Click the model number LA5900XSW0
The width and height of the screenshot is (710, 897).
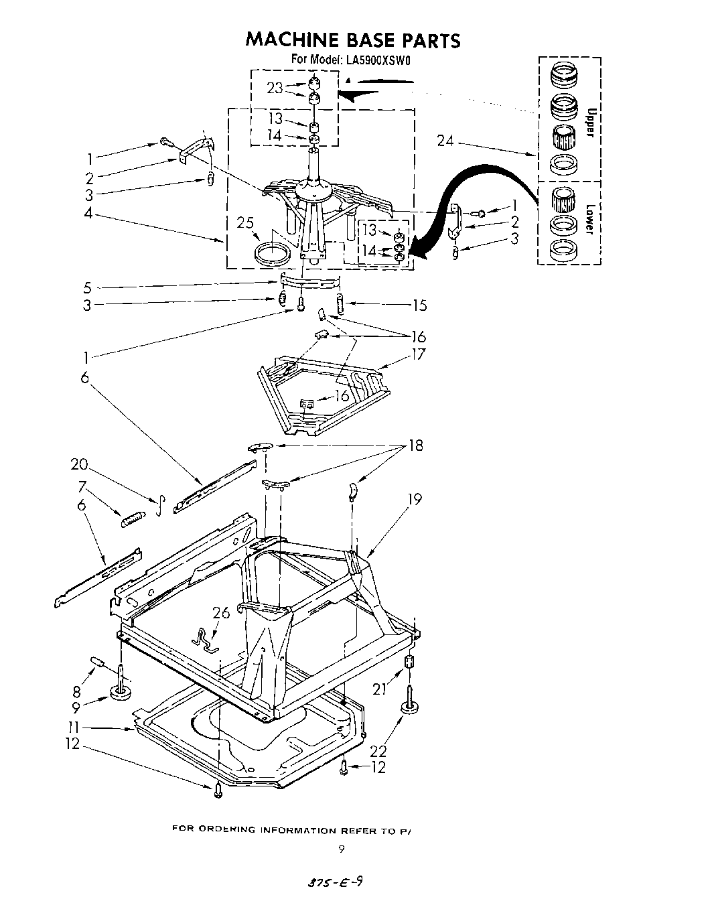click(x=378, y=60)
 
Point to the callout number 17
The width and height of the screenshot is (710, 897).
click(x=419, y=354)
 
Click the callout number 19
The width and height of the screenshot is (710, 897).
click(x=415, y=499)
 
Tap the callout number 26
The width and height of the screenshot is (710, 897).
click(x=220, y=612)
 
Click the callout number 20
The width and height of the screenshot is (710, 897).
click(x=80, y=464)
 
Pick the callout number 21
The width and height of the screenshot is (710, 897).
click(x=380, y=688)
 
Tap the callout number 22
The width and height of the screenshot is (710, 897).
click(x=378, y=752)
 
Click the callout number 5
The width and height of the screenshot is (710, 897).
click(x=87, y=288)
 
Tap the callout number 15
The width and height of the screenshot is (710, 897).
click(x=420, y=305)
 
